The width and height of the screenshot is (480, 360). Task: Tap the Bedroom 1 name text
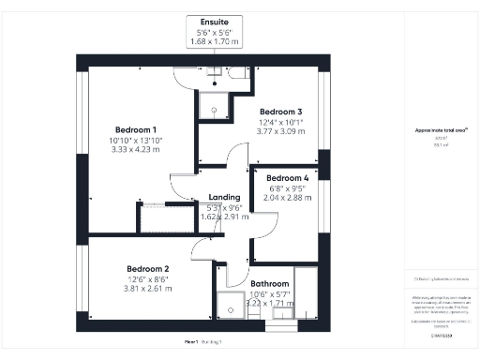pyautogui.click(x=136, y=129)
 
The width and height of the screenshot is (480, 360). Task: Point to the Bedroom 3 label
pyautogui.click(x=279, y=111)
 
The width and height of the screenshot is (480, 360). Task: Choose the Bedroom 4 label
pyautogui.click(x=286, y=178)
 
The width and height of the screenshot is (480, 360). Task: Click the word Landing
pyautogui.click(x=224, y=198)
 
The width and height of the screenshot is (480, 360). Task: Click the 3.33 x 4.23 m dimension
pyautogui.click(x=136, y=148)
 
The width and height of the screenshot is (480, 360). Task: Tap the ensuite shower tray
pyautogui.click(x=215, y=108)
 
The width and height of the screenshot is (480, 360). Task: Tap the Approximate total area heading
pyautogui.click(x=441, y=130)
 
